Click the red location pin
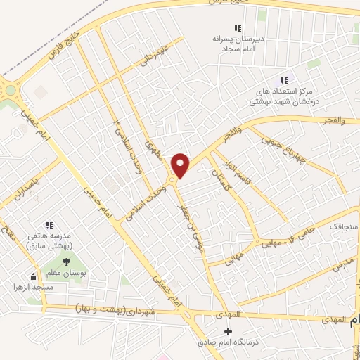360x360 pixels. click(181, 165)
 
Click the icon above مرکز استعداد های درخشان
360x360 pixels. click(284, 80)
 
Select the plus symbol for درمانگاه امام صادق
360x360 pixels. click(227, 331)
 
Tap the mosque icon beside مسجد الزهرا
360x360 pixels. click(32, 276)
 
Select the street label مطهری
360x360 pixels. click(153, 150)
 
